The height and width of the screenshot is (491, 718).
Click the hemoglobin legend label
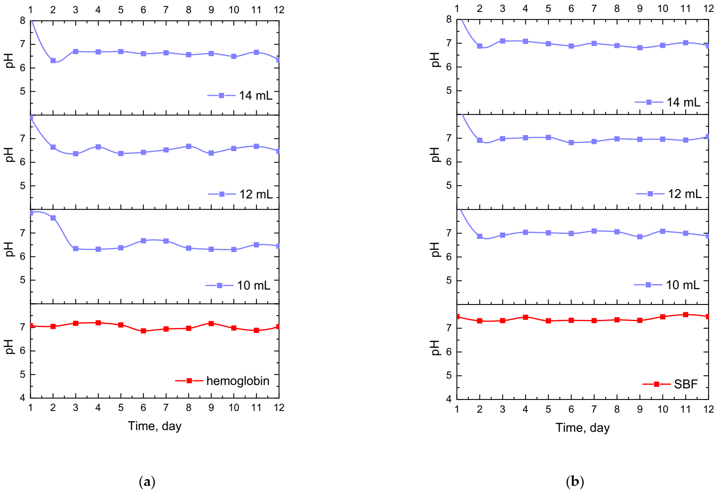238,381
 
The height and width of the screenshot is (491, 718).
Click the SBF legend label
686,384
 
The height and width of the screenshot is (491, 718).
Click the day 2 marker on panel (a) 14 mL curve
53,60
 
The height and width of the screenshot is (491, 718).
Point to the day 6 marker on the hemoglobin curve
144,331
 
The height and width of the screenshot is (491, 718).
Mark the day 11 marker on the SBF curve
686,315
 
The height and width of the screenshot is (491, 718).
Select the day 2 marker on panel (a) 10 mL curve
53,218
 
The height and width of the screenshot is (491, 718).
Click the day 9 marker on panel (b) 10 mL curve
640,237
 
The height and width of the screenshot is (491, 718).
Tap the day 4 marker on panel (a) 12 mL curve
98,146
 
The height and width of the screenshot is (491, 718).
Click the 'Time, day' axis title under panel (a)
155,426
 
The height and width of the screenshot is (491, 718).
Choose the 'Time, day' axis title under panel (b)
582,428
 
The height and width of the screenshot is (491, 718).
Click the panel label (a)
147,482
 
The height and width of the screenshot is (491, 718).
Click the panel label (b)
575,482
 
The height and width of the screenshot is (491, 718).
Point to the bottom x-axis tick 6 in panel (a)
144,408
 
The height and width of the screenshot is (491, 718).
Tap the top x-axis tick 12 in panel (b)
708,9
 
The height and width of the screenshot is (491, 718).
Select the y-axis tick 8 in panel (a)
23,20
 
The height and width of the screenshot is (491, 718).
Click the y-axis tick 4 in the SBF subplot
449,399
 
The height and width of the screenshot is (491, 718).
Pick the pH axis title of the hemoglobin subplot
9,347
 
